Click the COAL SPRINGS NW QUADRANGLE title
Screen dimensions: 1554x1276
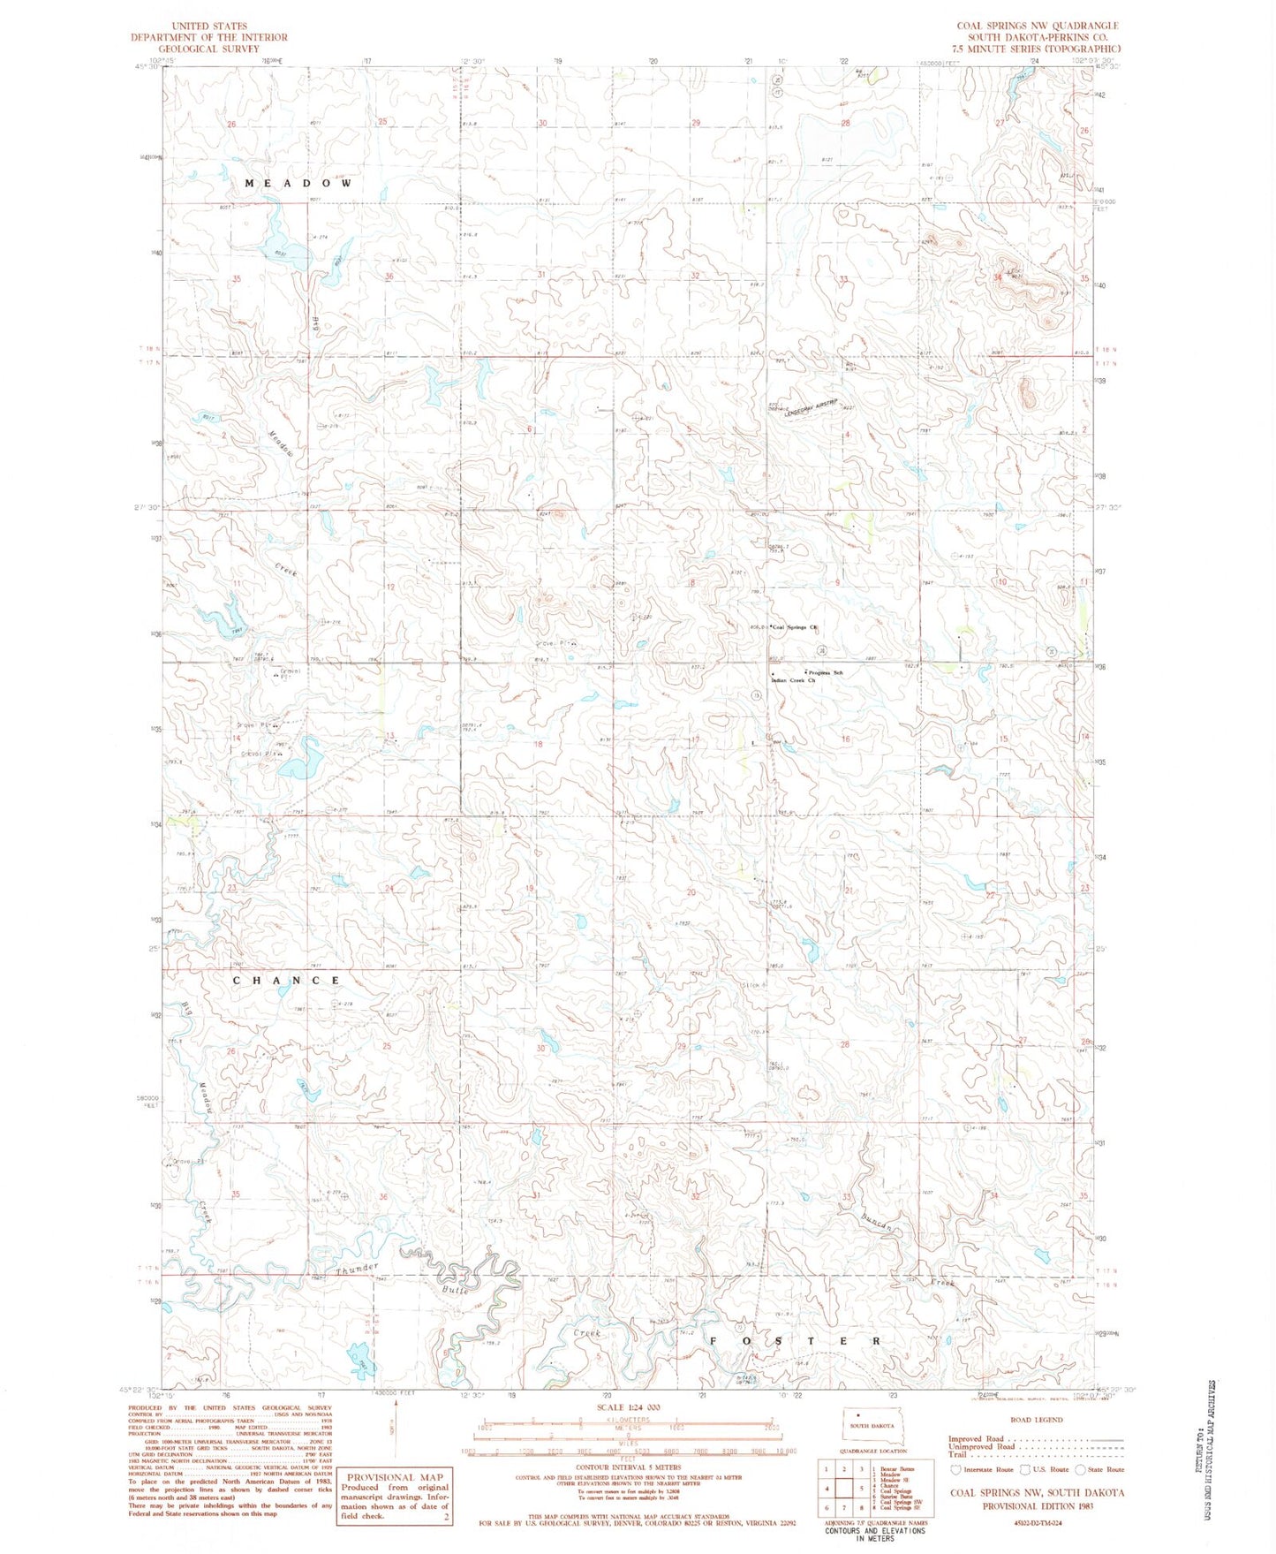[x=1037, y=27]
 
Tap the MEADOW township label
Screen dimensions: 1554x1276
[x=298, y=184]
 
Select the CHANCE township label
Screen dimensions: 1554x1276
[x=286, y=981]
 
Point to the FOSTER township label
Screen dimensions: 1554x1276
[x=795, y=1340]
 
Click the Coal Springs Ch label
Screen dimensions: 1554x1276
[x=796, y=627]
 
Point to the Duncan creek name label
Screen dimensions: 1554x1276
[x=876, y=1225]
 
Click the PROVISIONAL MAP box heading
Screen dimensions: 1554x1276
[x=394, y=1476]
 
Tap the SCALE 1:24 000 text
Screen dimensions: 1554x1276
[x=629, y=1407]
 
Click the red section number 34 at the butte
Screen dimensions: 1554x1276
[x=997, y=278]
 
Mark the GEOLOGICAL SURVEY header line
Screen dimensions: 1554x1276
[x=209, y=49]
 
